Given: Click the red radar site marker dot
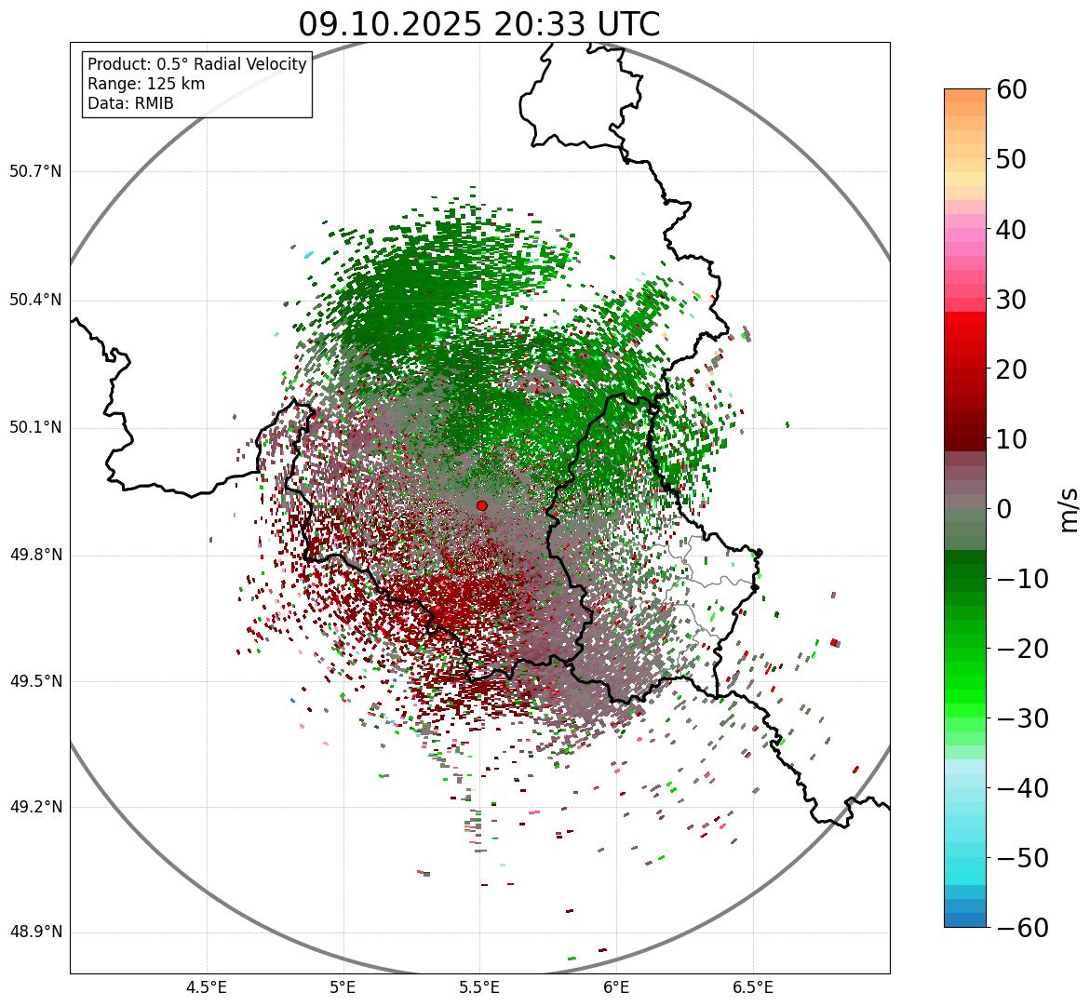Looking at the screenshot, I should click(x=482, y=505).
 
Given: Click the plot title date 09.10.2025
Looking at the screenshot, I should click(x=391, y=25).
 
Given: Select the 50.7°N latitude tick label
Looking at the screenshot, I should click(x=35, y=171).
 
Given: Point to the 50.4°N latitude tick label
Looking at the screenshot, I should click(x=35, y=300).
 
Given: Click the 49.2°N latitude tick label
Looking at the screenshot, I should click(x=35, y=807).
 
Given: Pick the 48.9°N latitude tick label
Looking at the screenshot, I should click(x=35, y=932).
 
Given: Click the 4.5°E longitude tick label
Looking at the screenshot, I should click(x=207, y=986).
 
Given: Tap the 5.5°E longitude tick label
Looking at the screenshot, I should click(x=479, y=986).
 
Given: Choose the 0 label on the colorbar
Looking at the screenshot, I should click(x=1004, y=509).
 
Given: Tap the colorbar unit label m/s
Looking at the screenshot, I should click(x=1069, y=508).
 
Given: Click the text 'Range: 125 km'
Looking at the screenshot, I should click(x=146, y=84).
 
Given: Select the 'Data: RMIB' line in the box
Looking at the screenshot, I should click(x=130, y=103).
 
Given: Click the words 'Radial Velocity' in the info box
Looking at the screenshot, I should click(x=251, y=64).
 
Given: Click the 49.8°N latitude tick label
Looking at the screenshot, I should click(x=35, y=556).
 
